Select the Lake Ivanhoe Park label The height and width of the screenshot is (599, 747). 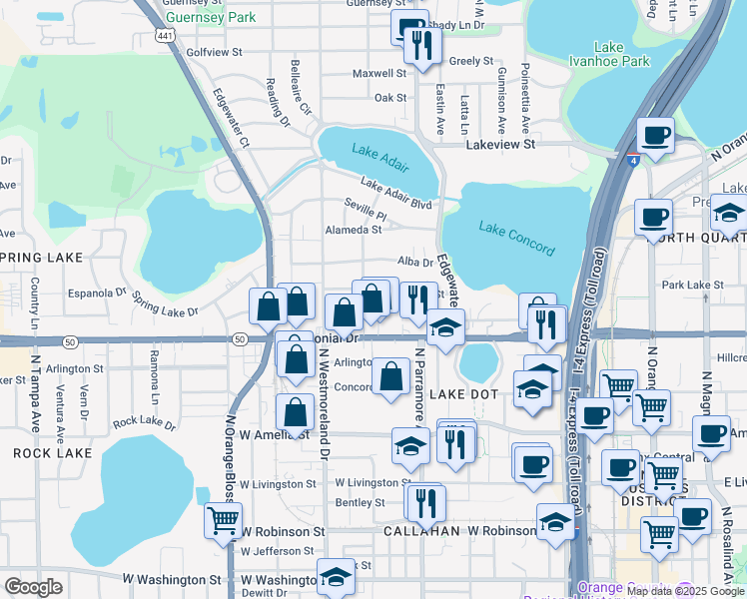[x=622, y=54]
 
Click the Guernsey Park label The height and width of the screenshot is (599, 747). [x=211, y=17]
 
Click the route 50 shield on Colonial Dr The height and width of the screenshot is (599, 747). [x=239, y=339]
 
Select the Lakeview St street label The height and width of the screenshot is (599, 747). [x=501, y=145]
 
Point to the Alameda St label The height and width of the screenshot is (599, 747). [x=354, y=230]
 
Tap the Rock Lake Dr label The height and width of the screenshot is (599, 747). [x=144, y=423]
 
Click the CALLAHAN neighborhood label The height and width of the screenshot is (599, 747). [x=421, y=531]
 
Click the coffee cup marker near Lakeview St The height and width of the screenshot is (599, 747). [x=655, y=135]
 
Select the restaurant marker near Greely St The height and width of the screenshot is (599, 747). [x=423, y=46]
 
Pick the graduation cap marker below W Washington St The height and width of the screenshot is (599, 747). [x=336, y=576]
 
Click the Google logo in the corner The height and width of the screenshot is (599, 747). [x=34, y=587]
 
